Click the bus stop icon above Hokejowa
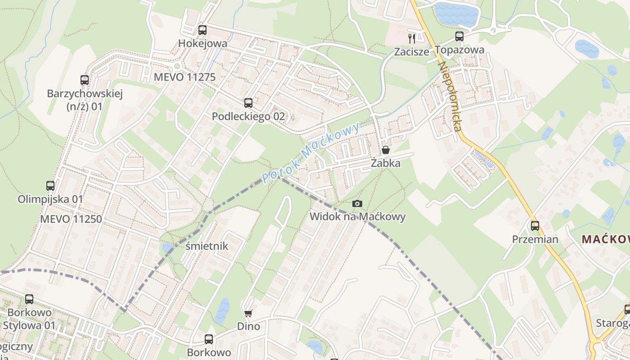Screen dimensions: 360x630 click(x=202, y=30)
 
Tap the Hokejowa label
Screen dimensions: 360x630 click(x=202, y=44)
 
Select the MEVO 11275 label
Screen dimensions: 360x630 click(x=184, y=77)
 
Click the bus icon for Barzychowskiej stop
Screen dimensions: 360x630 click(x=85, y=80)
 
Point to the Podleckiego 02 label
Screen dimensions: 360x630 click(x=248, y=117)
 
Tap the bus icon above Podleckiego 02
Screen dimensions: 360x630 click(x=248, y=103)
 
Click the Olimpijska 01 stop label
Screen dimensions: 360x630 click(x=50, y=199)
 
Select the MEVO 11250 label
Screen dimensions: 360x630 click(x=71, y=219)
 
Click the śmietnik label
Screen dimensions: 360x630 click(x=207, y=246)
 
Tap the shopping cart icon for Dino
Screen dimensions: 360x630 click(x=248, y=313)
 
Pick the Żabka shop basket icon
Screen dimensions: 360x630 click(x=386, y=150)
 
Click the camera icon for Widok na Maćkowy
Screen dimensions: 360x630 click(x=357, y=204)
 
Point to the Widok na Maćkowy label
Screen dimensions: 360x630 click(x=357, y=216)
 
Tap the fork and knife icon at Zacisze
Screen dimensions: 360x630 click(x=412, y=38)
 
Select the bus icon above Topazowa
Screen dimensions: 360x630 click(x=459, y=36)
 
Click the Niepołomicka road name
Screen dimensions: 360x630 click(x=450, y=97)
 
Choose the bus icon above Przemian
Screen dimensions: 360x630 click(x=535, y=226)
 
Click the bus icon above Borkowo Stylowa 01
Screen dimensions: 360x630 click(x=29, y=299)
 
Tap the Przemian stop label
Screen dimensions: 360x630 click(x=535, y=239)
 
